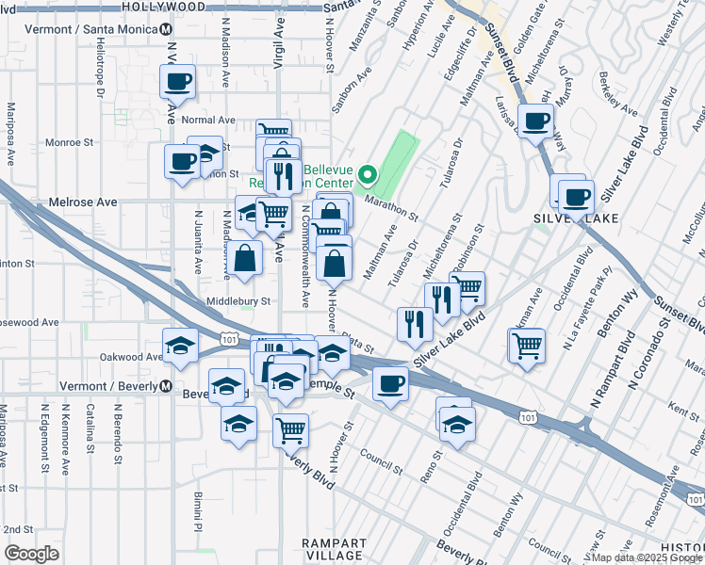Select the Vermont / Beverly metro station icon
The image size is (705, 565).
pos(165,386)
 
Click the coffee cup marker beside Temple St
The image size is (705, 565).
pos(389,383)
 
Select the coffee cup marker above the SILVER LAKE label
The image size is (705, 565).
pos(576,197)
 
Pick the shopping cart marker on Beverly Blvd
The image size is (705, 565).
pos(291,429)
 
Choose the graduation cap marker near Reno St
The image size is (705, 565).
pos(457,423)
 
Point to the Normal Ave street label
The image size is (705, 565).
pos(207,121)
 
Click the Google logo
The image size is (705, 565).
pos(31,554)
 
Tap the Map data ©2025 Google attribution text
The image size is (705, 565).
pos(646,557)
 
